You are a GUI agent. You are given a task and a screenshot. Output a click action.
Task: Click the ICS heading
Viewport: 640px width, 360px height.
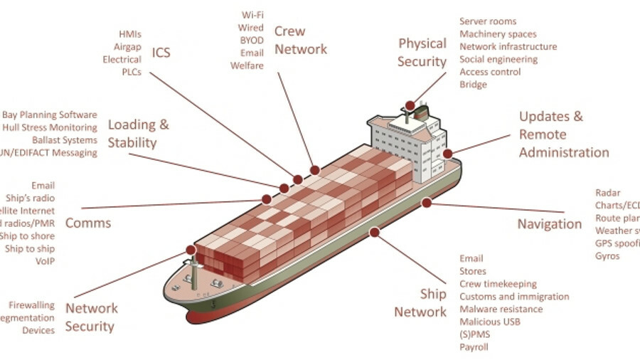161,53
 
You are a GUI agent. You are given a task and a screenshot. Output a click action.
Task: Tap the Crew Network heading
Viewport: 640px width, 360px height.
300,41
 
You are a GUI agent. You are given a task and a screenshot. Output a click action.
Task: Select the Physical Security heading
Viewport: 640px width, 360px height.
422,53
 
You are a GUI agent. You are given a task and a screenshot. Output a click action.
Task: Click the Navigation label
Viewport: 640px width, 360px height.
549,224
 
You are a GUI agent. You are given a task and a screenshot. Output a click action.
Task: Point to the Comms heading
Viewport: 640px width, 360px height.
88,223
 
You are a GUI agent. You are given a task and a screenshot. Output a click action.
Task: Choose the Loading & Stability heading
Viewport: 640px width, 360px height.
138,134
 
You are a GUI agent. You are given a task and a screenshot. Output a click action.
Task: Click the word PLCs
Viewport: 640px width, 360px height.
131,72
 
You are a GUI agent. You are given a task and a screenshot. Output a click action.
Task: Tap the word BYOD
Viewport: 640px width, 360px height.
252,40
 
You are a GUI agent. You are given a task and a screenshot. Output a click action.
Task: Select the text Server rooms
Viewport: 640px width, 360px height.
488,21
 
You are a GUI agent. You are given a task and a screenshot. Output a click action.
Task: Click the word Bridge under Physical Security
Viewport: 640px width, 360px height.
473,85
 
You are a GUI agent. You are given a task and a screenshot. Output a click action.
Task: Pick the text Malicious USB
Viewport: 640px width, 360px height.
490,322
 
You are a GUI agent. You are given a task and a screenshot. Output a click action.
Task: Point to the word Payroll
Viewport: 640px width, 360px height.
474,348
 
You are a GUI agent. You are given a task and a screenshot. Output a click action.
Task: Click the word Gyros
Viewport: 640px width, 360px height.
607,256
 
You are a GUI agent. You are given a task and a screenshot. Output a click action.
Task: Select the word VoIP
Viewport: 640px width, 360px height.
45,261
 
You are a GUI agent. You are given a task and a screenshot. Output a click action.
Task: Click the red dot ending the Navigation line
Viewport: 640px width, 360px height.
426,203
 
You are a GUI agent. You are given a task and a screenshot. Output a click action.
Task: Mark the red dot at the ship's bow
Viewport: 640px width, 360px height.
191,250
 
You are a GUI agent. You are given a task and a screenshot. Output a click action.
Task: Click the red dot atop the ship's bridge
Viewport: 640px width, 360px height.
410,105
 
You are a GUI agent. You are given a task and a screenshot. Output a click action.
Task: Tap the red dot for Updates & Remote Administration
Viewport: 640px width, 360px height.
447,154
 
